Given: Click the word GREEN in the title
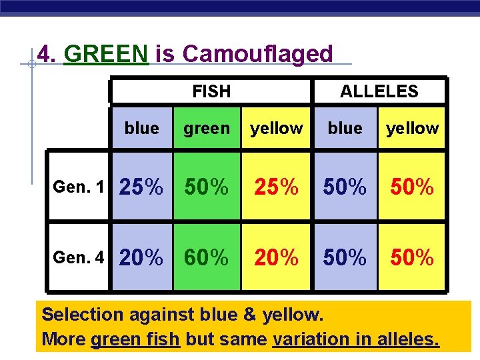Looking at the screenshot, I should tap(105, 53).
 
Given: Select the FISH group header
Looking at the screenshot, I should tap(211, 91).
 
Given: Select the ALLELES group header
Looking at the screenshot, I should tap(379, 91).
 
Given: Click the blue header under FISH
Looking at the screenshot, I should tap(141, 128).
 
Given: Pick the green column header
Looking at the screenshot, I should tap(206, 128).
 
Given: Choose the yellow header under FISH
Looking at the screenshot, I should tap(276, 128).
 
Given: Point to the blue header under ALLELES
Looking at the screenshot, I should tap(345, 128).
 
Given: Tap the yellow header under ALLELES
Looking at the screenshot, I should tap(413, 128).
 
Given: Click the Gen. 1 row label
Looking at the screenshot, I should tap(79, 187).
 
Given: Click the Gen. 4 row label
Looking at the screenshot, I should tap(79, 257).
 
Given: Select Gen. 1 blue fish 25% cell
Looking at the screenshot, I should tap(141, 188).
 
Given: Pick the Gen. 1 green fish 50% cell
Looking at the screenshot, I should tap(206, 188).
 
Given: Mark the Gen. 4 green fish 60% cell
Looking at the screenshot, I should tap(206, 257).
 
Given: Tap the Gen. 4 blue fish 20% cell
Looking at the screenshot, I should tap(141, 257).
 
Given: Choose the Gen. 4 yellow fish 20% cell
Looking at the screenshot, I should tap(276, 257).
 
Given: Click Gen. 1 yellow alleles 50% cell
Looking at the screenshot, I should tap(411, 188).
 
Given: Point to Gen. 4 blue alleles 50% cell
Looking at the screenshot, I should tap(345, 257).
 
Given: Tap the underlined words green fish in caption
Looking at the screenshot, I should tap(135, 339).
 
